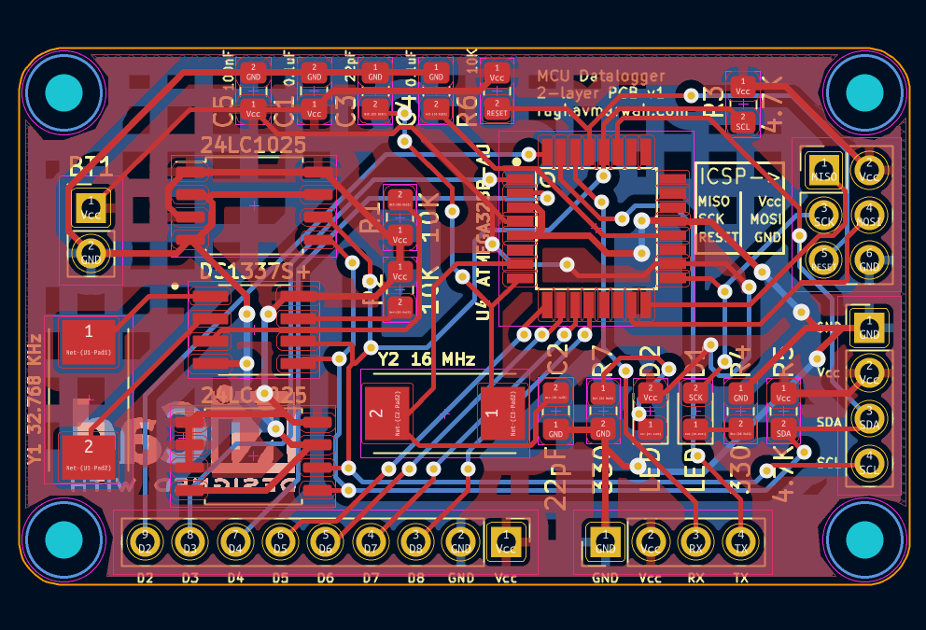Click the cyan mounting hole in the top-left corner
[x=64, y=92]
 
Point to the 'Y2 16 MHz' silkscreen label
[x=426, y=359]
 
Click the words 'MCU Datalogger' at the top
[x=601, y=76]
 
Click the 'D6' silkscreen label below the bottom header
[x=325, y=579]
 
